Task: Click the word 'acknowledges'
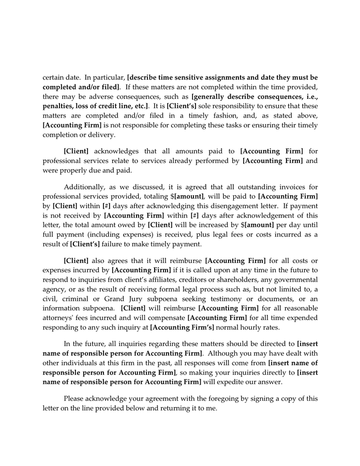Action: (x=116, y=151)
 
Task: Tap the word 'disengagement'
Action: (x=230, y=206)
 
